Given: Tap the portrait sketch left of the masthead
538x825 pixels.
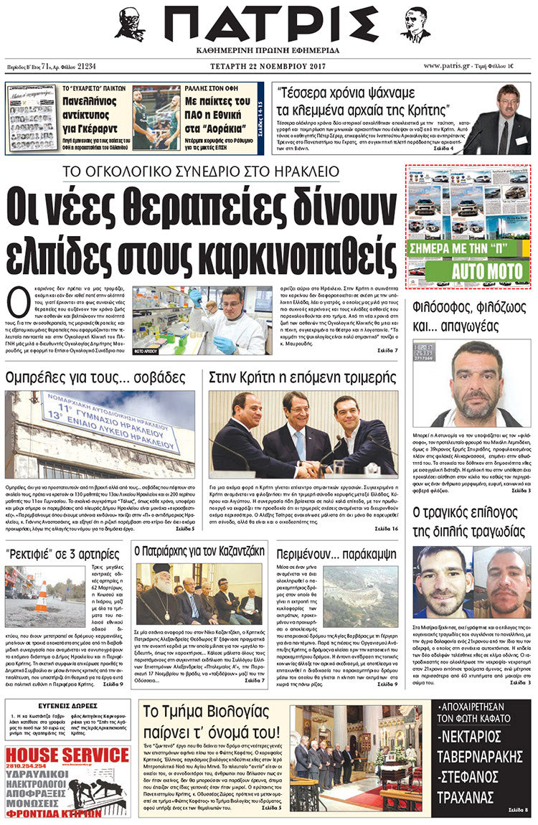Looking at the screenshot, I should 129,24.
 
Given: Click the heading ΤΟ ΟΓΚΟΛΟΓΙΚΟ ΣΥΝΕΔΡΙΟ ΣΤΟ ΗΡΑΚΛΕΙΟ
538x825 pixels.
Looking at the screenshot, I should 201,171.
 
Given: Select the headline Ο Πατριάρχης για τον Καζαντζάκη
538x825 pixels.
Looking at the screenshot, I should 200,552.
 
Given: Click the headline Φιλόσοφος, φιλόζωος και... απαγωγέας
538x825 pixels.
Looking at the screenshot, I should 471,315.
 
